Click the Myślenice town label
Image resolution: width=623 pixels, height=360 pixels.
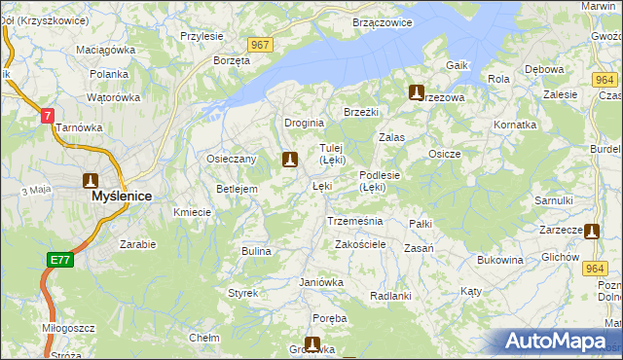121,196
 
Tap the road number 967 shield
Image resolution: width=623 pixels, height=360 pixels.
260,46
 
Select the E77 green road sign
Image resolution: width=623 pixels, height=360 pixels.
59,259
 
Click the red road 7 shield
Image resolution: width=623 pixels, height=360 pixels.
47,115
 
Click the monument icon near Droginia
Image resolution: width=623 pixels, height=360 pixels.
288,159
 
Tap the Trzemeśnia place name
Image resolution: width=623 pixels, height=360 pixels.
354,221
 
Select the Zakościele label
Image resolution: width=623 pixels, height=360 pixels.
361,244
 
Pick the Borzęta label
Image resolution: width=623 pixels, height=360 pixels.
232,60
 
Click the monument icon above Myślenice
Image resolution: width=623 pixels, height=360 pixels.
91,180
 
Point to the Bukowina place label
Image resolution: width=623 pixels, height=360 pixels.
500,260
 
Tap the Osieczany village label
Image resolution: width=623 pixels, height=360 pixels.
231,159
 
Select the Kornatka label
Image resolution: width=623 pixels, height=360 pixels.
515,126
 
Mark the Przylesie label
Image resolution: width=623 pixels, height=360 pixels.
202,36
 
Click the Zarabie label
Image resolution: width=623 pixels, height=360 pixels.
137,244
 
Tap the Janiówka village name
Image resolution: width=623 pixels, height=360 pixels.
321,282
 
